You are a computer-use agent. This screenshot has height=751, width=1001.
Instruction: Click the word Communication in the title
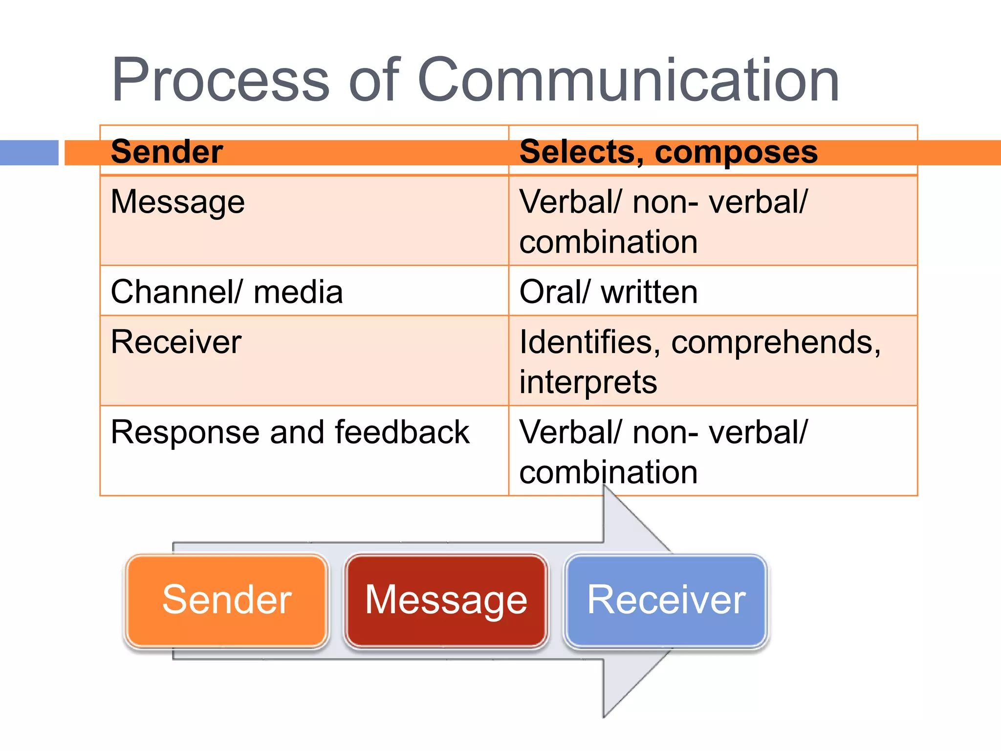click(628, 81)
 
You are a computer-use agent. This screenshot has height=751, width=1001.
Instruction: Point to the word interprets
click(588, 382)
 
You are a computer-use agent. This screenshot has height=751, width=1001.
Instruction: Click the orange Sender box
click(227, 600)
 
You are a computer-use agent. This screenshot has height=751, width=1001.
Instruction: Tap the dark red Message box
click(446, 600)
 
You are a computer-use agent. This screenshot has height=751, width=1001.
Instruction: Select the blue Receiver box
click(666, 600)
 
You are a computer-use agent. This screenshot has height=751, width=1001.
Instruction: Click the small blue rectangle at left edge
click(29, 153)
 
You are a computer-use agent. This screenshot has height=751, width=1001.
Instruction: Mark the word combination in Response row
click(608, 472)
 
